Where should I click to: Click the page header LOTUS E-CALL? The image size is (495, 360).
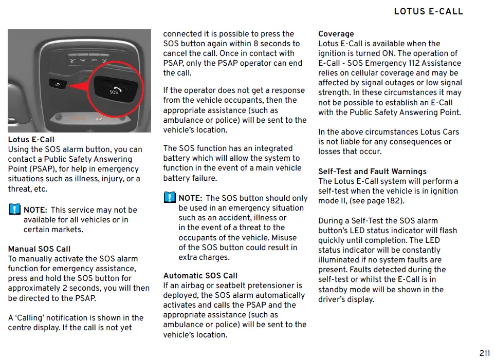click(x=428, y=11)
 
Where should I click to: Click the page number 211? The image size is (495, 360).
click(x=484, y=353)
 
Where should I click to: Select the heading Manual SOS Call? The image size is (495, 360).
click(x=39, y=249)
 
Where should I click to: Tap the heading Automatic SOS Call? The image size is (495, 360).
click(x=200, y=276)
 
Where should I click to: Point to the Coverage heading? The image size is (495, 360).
click(x=336, y=34)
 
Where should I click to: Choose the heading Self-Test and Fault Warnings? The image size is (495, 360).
click(x=372, y=172)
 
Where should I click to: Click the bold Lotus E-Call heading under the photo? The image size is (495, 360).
click(x=31, y=140)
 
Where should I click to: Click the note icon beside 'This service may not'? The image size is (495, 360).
click(x=14, y=210)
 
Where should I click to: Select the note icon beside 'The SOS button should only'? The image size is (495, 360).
click(x=169, y=198)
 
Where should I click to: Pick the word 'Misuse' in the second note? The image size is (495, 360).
click(x=284, y=238)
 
